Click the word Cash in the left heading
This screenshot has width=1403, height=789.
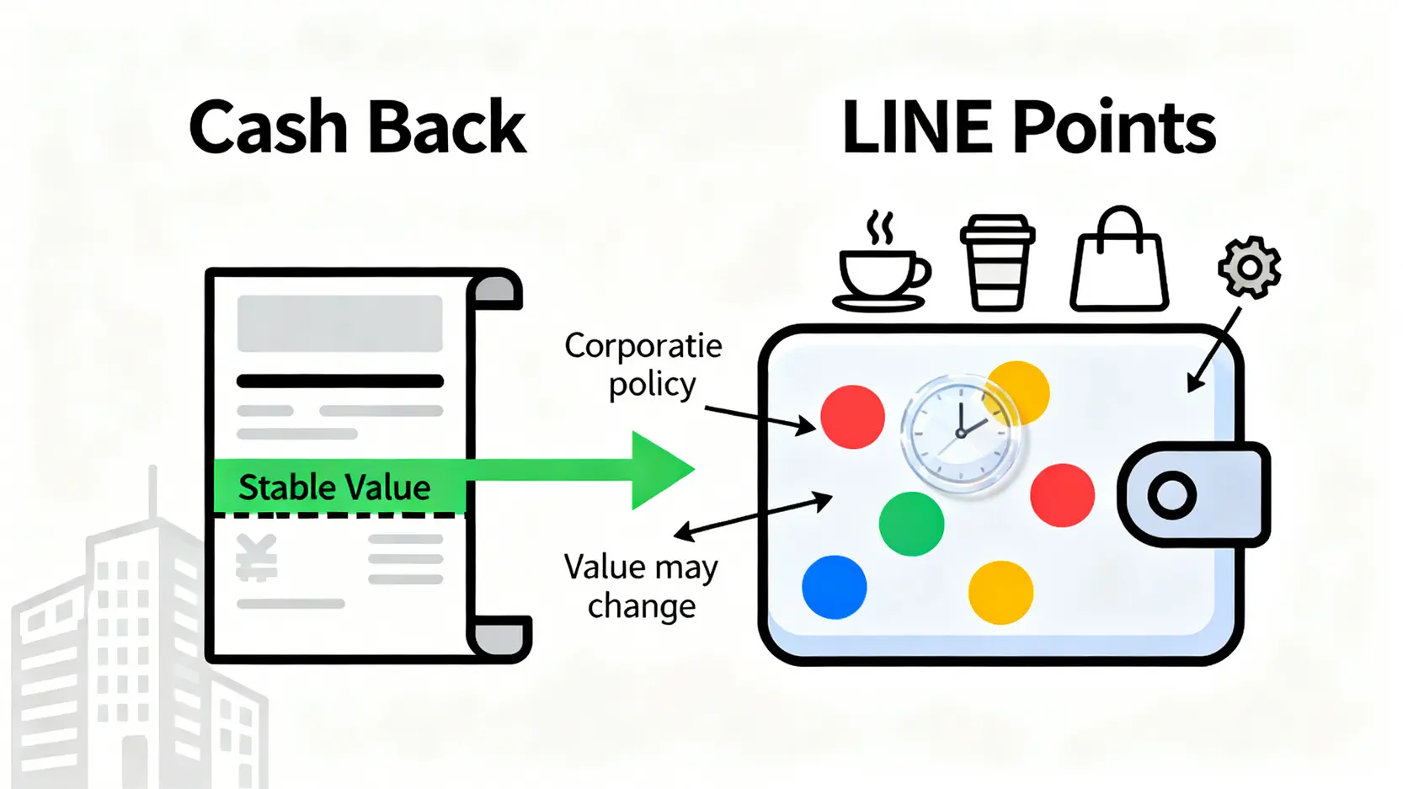[268, 128]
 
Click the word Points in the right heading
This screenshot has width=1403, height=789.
[1113, 128]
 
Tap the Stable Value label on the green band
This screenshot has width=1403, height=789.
[334, 488]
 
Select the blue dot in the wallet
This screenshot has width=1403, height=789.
[834, 587]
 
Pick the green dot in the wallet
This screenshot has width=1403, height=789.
[911, 524]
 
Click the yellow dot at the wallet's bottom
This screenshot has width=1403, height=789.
[1000, 593]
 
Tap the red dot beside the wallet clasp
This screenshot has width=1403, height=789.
[1062, 495]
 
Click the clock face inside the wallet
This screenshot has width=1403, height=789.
[960, 432]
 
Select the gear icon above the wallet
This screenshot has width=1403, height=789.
[1250, 267]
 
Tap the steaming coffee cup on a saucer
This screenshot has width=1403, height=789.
[882, 268]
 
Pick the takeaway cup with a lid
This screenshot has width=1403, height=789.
[998, 263]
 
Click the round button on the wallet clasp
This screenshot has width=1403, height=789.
[1171, 495]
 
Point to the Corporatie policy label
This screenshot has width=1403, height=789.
[644, 365]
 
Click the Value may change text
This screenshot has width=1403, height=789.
[641, 586]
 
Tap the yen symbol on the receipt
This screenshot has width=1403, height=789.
[257, 558]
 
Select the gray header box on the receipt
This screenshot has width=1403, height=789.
[339, 323]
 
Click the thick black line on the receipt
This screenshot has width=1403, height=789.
[339, 381]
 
